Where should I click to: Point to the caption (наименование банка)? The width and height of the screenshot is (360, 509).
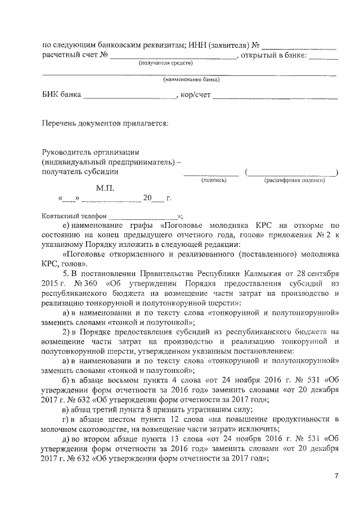191,80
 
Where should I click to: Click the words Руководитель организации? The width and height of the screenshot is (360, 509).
91,152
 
